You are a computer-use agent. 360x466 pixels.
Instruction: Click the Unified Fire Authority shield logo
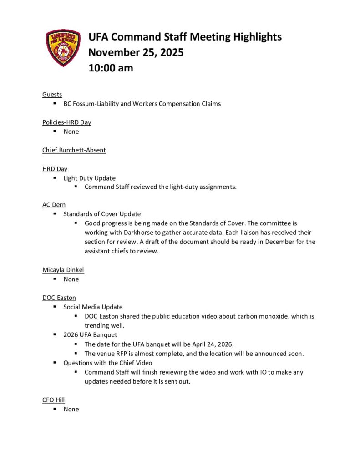coord(63,48)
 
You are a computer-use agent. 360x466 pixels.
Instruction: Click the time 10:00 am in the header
coord(111,68)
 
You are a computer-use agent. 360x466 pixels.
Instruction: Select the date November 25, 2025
coord(136,52)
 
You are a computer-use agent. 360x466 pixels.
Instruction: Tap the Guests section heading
coord(52,95)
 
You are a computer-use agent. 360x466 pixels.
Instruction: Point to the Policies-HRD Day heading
coord(66,122)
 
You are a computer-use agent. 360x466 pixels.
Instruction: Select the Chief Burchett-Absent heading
coord(74,150)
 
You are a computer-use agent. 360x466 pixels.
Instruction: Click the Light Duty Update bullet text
coord(89,178)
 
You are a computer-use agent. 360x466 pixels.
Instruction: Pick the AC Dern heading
coord(54,205)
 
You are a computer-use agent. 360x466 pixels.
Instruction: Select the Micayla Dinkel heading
coord(63,270)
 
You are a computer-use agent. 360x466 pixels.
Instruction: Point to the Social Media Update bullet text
coord(93,307)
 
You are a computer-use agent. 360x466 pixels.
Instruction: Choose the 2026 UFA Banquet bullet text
coord(90,335)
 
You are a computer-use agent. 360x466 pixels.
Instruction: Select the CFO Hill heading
coord(53,400)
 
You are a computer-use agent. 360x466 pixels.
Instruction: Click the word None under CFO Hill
coord(71,409)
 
